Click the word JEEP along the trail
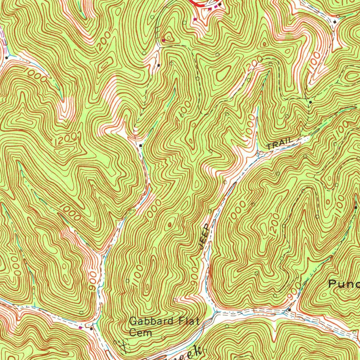tap(204, 236)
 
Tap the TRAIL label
tap(279, 144)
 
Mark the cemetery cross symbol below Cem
tap(123, 346)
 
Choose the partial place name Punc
tap(344, 284)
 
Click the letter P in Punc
tap(333, 284)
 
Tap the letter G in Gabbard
tap(133, 321)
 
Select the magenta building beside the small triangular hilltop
tap(163, 41)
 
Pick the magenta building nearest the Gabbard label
tap(82, 328)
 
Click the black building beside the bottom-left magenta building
tap(91, 329)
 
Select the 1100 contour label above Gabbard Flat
tap(138, 274)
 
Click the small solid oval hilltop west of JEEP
tap(170, 224)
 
